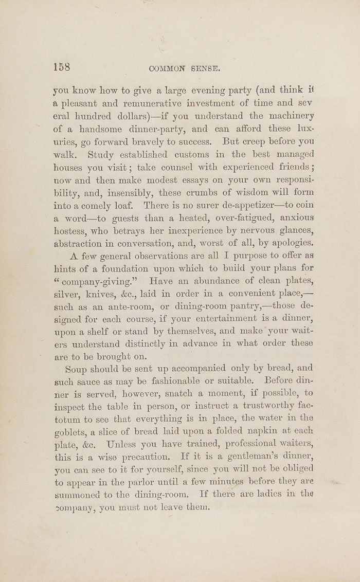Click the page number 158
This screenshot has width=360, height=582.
[62, 67]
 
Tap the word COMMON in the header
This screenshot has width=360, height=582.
[168, 68]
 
